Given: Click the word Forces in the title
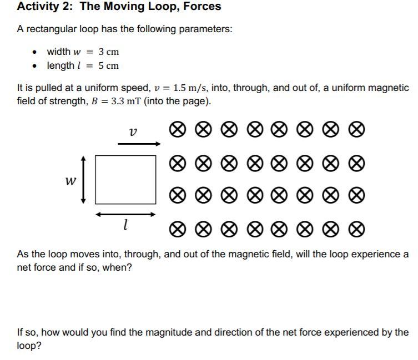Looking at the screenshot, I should (x=200, y=7).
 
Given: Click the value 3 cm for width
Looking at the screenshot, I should (x=108, y=52).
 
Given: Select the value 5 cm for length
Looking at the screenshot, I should (x=108, y=66).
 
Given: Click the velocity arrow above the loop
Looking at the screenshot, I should (x=139, y=144).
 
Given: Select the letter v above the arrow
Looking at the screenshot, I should (x=132, y=132).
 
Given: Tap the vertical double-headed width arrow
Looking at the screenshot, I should (x=83, y=180).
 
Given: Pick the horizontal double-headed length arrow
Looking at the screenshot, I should (x=125, y=214).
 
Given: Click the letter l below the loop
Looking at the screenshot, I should (x=126, y=225).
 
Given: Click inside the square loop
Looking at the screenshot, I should (x=125, y=179).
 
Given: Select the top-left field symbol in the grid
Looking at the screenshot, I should (x=177, y=130).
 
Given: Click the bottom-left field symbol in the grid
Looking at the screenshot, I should (x=177, y=229).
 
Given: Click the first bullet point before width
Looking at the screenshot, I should (x=36, y=52).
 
